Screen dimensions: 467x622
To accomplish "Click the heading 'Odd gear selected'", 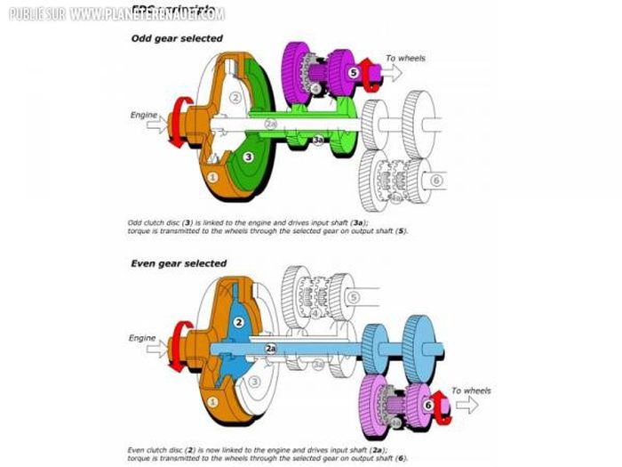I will [177, 38].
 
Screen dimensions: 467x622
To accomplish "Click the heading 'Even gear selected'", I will [179, 263].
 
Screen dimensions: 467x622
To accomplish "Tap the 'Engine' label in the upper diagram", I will [145, 115].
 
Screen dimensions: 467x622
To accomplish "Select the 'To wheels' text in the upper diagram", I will [405, 59].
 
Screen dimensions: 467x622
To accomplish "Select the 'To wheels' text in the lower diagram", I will [471, 390].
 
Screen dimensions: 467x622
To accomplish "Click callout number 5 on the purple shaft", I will [353, 72].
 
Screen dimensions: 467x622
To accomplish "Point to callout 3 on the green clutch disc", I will [250, 157].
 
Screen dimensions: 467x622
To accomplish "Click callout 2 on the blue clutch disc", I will [238, 322].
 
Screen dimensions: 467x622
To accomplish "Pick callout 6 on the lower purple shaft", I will [427, 404].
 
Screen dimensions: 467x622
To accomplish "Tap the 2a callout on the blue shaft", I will [271, 350].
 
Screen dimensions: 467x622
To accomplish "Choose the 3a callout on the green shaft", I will [317, 141].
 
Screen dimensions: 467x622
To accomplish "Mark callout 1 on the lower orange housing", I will [211, 402].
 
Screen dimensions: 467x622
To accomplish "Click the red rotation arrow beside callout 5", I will [369, 80].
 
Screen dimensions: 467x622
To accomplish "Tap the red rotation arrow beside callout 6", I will [442, 413].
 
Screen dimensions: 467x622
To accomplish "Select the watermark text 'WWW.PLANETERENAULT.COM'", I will [146, 14].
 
